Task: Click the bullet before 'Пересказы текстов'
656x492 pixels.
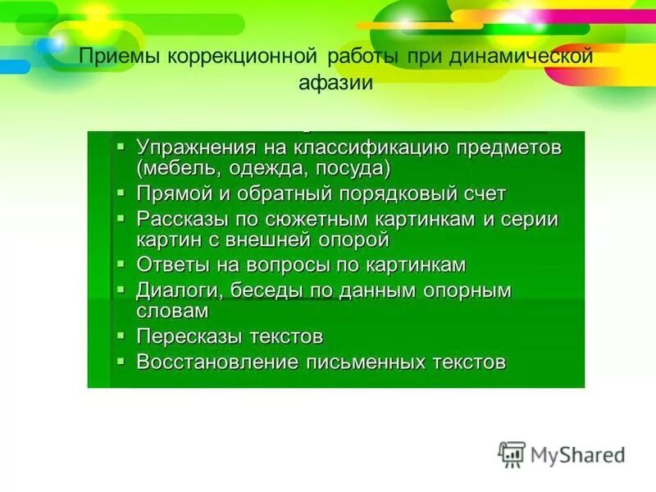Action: [121, 335]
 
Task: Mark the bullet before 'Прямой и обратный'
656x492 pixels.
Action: [121, 193]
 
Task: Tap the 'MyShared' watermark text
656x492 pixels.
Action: [578, 456]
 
